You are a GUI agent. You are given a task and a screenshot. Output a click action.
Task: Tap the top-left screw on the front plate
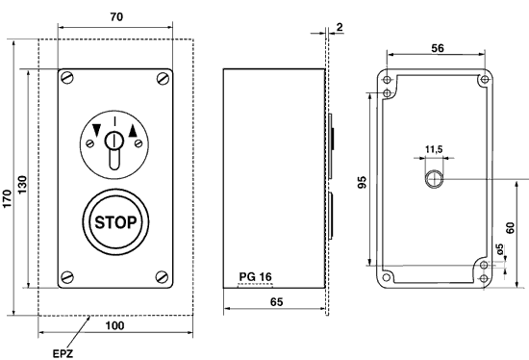click(67, 76)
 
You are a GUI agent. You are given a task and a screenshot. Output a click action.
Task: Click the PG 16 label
click(255, 277)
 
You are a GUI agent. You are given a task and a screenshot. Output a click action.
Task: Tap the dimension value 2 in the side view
click(340, 28)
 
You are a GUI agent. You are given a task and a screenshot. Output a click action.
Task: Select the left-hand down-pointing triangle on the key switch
click(96, 132)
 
